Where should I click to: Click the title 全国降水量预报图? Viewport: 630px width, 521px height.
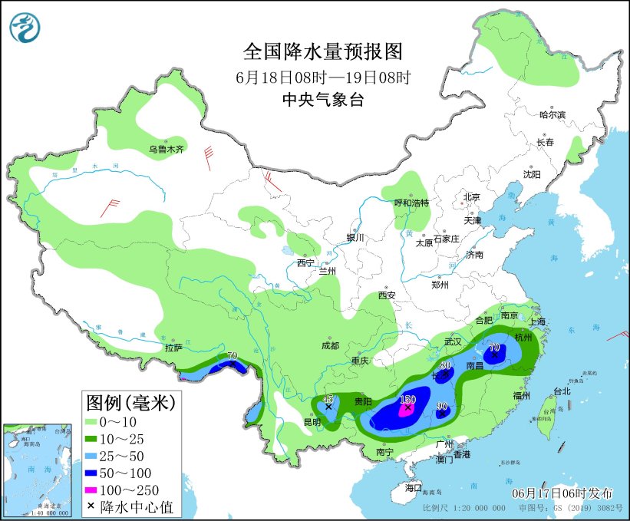click(x=323, y=51)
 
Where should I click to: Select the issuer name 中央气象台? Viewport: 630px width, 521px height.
click(x=323, y=100)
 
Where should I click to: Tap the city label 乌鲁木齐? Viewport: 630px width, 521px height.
click(x=167, y=150)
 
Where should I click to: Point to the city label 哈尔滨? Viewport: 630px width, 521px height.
click(x=552, y=115)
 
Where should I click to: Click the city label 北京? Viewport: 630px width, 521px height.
click(x=471, y=197)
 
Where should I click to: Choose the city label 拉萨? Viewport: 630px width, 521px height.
click(x=174, y=348)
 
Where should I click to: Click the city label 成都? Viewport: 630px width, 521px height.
click(x=330, y=345)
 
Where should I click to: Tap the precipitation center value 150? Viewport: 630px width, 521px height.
click(x=407, y=400)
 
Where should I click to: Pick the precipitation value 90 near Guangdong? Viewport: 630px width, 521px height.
click(x=442, y=406)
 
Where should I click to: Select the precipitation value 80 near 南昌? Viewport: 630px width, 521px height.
click(x=445, y=366)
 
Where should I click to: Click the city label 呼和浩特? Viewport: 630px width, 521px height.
click(x=411, y=203)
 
